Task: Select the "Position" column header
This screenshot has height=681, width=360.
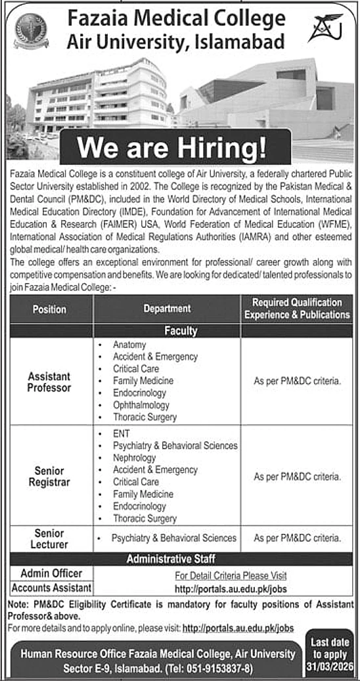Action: (49, 309)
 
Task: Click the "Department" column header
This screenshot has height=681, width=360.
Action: (167, 309)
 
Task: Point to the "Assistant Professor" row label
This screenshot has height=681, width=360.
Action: (49, 382)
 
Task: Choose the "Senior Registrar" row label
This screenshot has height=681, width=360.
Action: (49, 476)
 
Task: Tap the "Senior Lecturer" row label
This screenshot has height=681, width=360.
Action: (49, 538)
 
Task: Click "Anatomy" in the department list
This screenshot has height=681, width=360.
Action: (129, 345)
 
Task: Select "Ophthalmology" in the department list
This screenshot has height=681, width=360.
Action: (141, 405)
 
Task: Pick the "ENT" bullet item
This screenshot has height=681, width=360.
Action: (121, 434)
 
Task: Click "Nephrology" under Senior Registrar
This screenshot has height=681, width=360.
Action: (134, 458)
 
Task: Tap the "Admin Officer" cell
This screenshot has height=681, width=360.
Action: (51, 573)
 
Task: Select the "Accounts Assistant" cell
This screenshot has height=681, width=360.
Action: (51, 588)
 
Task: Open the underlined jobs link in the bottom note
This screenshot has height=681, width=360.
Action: (238, 628)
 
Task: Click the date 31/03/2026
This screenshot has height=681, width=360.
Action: (330, 666)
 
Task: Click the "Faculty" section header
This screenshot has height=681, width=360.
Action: (180, 331)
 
